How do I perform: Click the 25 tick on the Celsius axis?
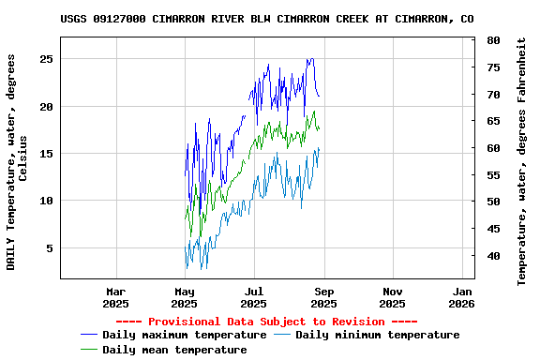(x=46, y=58)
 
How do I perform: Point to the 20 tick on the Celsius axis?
(x=46, y=106)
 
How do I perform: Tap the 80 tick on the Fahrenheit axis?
(x=493, y=41)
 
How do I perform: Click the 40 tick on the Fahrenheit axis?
(x=493, y=256)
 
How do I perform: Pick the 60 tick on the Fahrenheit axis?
(x=493, y=148)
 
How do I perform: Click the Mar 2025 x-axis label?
(x=115, y=297)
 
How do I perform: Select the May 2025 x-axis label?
(x=185, y=297)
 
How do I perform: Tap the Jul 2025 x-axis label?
(x=254, y=297)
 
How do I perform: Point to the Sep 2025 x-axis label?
(x=323, y=297)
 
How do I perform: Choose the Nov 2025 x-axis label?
(x=393, y=297)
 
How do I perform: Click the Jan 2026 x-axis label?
(x=461, y=297)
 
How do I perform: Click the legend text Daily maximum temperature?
(x=184, y=335)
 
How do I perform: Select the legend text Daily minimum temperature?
(x=377, y=335)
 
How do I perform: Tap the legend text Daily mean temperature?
(x=174, y=350)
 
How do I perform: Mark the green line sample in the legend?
(x=89, y=350)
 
